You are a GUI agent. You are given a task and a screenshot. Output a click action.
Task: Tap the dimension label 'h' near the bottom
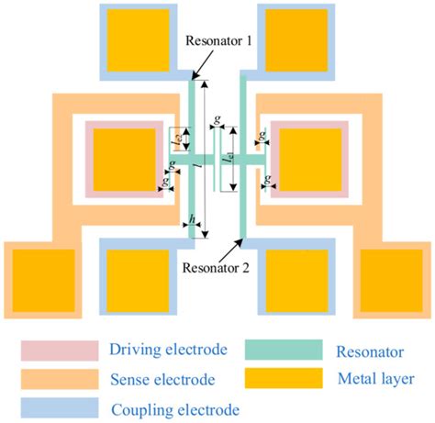[x=192, y=220]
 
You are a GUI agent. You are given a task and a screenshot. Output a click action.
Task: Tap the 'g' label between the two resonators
[x=216, y=119]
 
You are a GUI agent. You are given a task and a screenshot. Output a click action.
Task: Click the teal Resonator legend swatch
[x=285, y=349]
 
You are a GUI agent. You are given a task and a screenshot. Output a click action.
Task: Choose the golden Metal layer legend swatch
[x=285, y=378]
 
